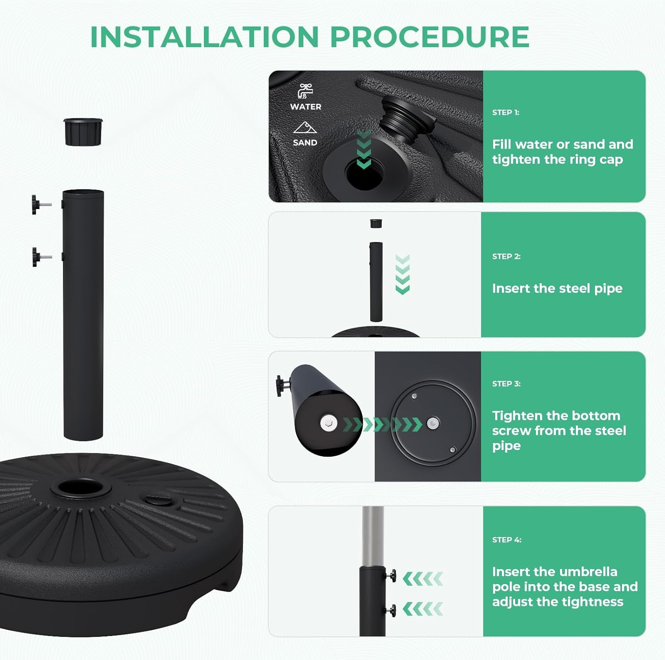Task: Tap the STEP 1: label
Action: pos(505,112)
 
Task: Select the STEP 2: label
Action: pos(506,256)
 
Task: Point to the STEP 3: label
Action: pos(506,383)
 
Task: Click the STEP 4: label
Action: pos(507,540)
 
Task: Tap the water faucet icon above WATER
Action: pos(305,91)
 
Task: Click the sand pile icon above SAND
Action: pos(305,128)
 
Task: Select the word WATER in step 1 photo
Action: pos(305,107)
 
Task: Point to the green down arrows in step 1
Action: pos(364,150)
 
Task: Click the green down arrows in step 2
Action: pos(403,274)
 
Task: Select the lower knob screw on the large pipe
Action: pos(40,257)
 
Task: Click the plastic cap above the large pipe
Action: pos(83,131)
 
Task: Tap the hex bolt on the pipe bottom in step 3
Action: pos(328,423)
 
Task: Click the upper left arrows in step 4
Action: pos(423,579)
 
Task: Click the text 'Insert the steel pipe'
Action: pos(557,289)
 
